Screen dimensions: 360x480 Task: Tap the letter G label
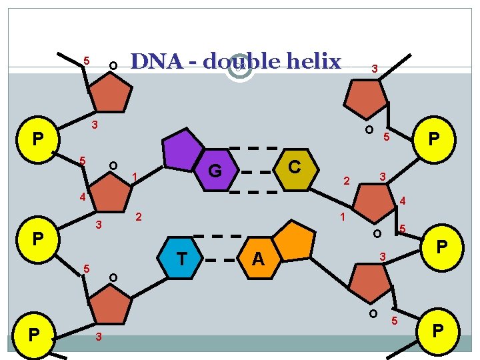(215, 172)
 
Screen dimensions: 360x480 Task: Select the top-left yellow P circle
(39, 139)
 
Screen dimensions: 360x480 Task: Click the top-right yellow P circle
(433, 139)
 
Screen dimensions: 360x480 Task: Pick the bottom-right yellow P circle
(438, 331)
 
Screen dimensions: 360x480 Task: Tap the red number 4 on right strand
(402, 201)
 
